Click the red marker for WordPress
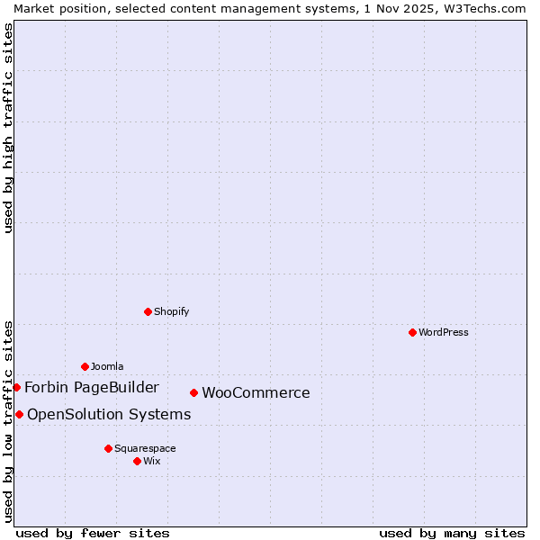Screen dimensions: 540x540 [x=412, y=332]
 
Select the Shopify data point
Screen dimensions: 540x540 [x=148, y=311]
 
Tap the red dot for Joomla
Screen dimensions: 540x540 [x=85, y=366]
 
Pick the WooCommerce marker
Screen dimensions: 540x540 [x=193, y=392]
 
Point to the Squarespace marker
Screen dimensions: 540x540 [x=108, y=448]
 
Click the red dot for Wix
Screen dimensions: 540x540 [x=137, y=461]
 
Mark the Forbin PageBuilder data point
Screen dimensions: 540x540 [x=16, y=387]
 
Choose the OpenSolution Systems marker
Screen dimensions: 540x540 [x=19, y=414]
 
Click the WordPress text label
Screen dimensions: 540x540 [x=444, y=332]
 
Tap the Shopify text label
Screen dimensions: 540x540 [x=171, y=311]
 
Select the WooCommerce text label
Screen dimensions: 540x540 [x=256, y=392]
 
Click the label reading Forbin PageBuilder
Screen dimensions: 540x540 [x=92, y=387]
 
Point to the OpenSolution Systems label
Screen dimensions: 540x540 [x=109, y=414]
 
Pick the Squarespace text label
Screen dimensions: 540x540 [x=145, y=448]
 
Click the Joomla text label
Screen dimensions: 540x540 [x=107, y=366]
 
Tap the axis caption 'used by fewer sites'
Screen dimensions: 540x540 [x=93, y=533]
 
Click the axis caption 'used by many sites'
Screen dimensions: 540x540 [x=452, y=533]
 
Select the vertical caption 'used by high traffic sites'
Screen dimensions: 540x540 [x=8, y=128]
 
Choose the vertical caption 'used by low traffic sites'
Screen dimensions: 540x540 [x=8, y=420]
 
